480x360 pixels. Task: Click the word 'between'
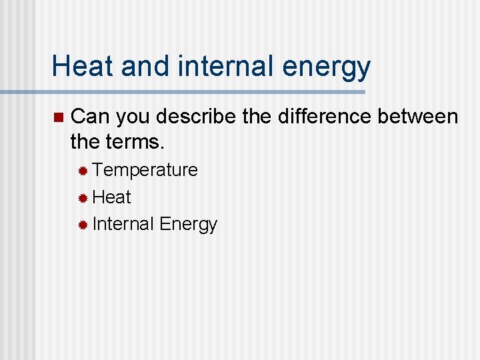click(418, 117)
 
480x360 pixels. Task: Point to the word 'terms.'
click(138, 143)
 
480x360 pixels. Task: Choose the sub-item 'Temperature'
click(145, 171)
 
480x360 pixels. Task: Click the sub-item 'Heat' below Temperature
click(112, 197)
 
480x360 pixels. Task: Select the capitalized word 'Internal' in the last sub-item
click(123, 224)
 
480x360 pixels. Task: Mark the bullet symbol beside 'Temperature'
click(83, 171)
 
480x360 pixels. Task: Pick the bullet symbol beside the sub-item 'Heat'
click(83, 198)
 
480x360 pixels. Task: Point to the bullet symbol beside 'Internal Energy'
click(83, 225)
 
